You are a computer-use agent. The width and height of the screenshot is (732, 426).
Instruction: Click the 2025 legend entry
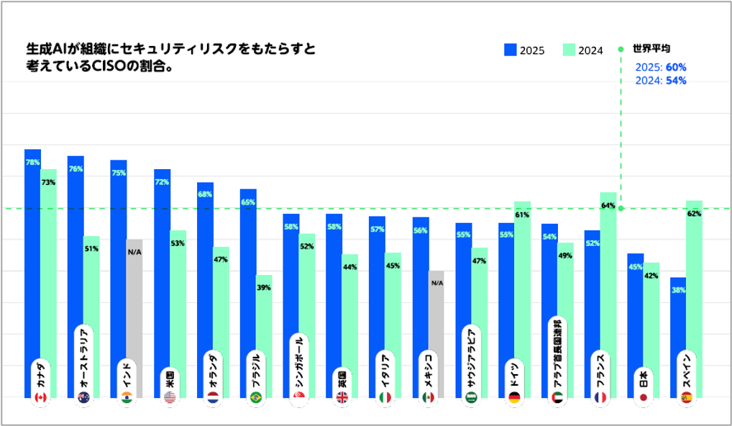coord(524,50)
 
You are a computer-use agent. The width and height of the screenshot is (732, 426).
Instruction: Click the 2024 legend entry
coord(582,50)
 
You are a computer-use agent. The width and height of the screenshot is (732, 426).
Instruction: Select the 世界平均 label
coord(651,49)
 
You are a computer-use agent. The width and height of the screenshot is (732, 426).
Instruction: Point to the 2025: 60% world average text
coord(661,67)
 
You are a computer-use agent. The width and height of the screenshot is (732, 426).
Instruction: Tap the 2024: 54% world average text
coord(661,81)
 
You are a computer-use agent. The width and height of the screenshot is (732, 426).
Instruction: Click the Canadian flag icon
coord(41,397)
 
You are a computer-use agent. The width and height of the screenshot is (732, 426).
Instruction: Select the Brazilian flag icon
coord(256,397)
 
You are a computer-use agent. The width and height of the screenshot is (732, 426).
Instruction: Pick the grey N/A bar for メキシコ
coord(436,331)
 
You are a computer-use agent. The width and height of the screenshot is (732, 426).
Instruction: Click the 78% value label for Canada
coord(32,163)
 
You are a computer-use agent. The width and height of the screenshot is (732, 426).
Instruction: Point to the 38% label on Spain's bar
coord(678,290)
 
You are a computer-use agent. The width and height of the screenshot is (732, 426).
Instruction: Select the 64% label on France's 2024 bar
coord(608,206)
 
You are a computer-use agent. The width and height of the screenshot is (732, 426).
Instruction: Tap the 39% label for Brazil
coord(264,288)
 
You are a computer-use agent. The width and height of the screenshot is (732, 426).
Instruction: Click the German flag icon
coord(514,397)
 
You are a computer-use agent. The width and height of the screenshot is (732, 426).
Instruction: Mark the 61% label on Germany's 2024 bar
coord(522,214)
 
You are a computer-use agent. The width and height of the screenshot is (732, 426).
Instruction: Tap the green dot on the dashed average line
coord(621,209)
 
